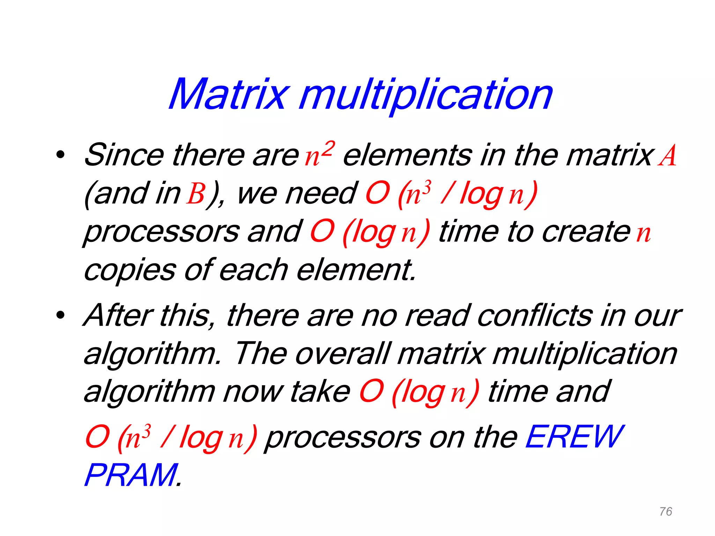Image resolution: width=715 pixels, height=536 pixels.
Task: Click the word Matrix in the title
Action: click(x=229, y=94)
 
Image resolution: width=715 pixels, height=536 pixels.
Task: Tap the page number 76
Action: click(x=666, y=512)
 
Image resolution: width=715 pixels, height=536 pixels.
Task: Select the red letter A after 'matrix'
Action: click(x=667, y=156)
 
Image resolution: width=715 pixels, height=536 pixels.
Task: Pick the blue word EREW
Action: click(x=574, y=437)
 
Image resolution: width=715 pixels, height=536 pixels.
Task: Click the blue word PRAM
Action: click(x=131, y=475)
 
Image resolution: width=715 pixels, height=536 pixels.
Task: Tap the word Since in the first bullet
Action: click(x=124, y=155)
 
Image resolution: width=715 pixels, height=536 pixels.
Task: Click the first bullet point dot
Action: click(x=60, y=155)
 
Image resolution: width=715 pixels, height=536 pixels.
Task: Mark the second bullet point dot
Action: click(x=60, y=315)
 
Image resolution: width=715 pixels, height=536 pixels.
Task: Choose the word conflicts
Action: click(x=535, y=315)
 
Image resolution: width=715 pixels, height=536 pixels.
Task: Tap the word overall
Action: click(x=342, y=354)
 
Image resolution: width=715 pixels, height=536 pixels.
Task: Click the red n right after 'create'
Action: click(x=643, y=233)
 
